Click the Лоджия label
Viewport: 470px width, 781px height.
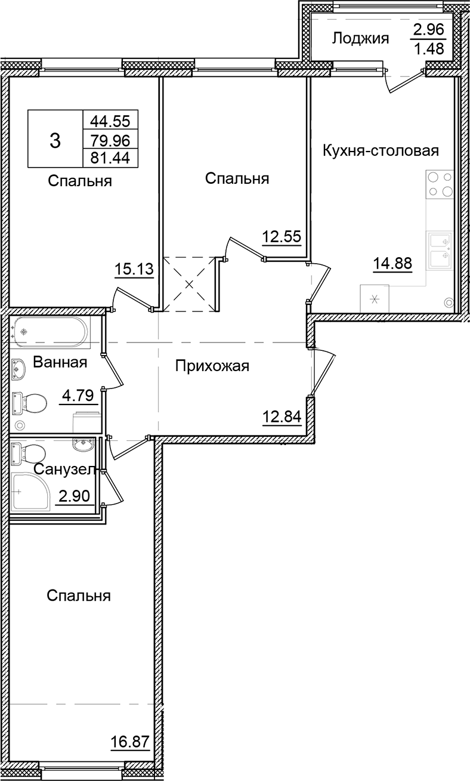click(x=360, y=39)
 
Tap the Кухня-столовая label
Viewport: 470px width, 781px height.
click(x=381, y=150)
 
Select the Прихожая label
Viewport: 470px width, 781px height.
click(x=212, y=366)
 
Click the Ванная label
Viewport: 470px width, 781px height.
click(x=60, y=362)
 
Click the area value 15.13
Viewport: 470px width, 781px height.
click(x=134, y=270)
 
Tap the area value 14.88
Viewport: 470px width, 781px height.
click(x=392, y=263)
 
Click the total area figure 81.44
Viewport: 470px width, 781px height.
click(x=110, y=157)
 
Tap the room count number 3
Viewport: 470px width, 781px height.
click(x=55, y=141)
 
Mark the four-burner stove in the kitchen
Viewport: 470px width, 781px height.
click(x=440, y=184)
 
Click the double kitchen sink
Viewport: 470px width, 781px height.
click(x=440, y=249)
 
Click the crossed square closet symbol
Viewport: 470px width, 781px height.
click(x=190, y=284)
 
